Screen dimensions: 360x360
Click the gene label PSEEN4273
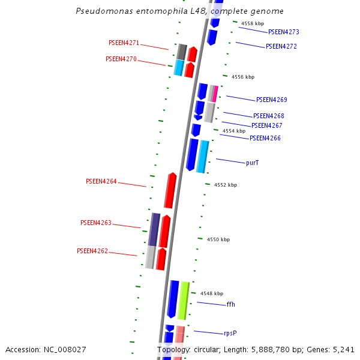click(283, 32)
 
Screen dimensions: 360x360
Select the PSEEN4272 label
click(281, 46)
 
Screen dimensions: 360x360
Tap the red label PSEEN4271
click(124, 43)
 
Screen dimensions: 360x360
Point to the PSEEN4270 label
click(121, 59)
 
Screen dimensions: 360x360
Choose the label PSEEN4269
click(271, 100)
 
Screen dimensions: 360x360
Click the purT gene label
click(253, 163)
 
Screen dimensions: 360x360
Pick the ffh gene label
click(231, 304)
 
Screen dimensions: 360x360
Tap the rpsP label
click(231, 333)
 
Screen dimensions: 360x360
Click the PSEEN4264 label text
click(101, 181)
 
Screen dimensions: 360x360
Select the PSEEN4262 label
click(92, 251)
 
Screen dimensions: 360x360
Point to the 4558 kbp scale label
click(252, 23)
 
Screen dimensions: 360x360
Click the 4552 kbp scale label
click(226, 185)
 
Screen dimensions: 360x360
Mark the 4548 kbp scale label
click(212, 293)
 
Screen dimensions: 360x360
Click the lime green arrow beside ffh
click(184, 300)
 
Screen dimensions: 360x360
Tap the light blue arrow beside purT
click(203, 157)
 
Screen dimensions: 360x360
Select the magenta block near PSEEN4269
click(214, 93)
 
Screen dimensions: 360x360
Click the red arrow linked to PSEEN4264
click(170, 191)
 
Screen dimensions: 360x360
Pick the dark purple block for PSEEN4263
click(154, 229)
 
